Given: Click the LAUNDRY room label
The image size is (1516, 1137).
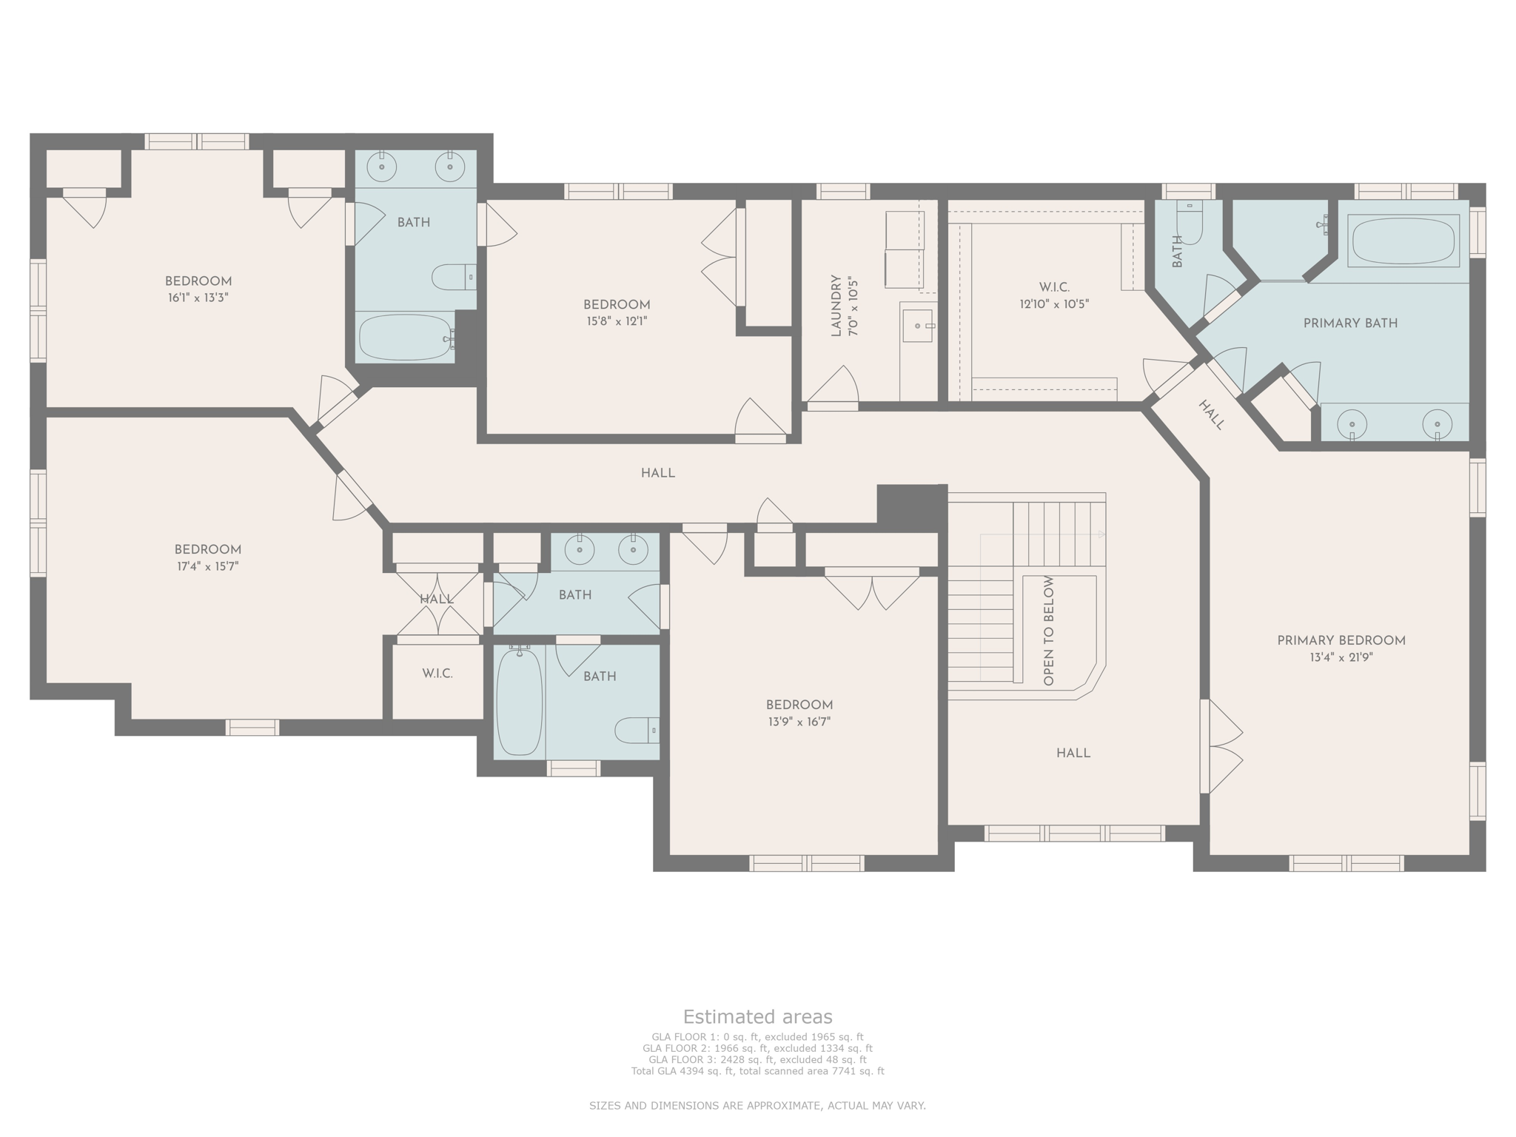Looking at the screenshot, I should click(836, 306).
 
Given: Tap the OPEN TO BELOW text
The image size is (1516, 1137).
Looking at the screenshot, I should click(1048, 631).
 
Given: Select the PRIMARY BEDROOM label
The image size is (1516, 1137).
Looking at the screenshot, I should click(1341, 641).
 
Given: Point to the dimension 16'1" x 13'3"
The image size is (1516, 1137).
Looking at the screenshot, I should click(198, 298).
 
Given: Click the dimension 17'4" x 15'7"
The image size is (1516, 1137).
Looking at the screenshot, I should click(207, 566).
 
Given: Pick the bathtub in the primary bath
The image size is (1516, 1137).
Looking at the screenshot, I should click(1403, 240).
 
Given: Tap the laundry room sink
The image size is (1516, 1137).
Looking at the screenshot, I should click(918, 326).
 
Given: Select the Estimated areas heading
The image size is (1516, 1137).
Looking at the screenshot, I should click(757, 1016).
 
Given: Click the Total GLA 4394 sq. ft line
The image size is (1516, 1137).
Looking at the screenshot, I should click(757, 1071).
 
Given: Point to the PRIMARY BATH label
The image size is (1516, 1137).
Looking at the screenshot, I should click(1349, 323).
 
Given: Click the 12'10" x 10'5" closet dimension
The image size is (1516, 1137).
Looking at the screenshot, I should click(1054, 303).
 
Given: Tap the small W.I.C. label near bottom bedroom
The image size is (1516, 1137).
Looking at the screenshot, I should click(437, 674).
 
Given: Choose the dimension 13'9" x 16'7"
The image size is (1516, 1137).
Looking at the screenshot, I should click(799, 722).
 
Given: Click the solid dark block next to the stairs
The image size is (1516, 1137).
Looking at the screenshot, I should click(911, 504).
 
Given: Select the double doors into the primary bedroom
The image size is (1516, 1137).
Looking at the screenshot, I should click(1221, 746).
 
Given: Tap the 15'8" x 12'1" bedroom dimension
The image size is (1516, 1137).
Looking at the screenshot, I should click(616, 321).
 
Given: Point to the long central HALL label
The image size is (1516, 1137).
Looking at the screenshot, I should click(657, 473).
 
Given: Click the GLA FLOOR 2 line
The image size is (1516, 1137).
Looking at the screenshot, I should click(757, 1048).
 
